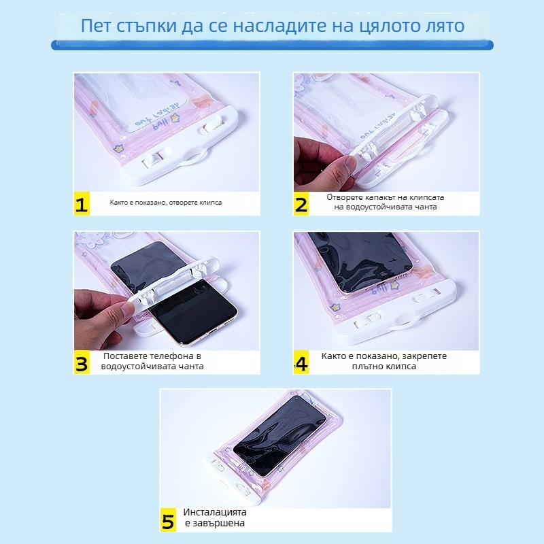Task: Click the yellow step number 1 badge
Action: [82, 205]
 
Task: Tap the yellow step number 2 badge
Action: [301, 205]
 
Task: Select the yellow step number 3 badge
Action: [82, 363]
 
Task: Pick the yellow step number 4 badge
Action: [301, 363]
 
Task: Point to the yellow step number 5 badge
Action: [169, 520]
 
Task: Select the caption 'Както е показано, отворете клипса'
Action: [165, 203]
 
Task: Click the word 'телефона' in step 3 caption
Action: [166, 356]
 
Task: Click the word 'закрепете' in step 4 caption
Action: [426, 356]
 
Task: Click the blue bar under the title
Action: [272, 45]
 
